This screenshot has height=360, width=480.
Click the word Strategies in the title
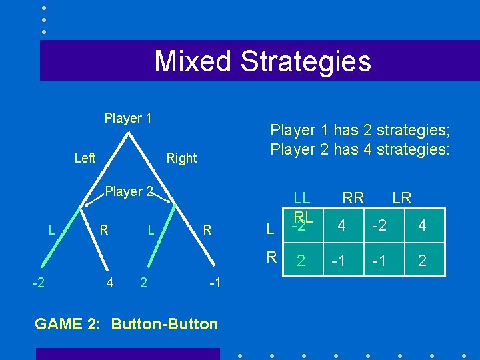pyautogui.click(x=305, y=61)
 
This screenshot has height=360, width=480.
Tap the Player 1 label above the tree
pyautogui.click(x=128, y=118)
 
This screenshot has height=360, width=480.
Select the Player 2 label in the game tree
pyautogui.click(x=129, y=191)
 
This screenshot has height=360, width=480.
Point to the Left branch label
pyautogui.click(x=85, y=158)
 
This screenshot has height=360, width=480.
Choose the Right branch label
pyautogui.click(x=181, y=158)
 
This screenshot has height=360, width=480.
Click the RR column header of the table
pyautogui.click(x=353, y=197)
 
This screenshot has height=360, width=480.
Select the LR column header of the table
pyautogui.click(x=401, y=197)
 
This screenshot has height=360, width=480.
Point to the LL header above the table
pyautogui.click(x=302, y=197)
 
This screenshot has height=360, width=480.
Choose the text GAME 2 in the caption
pyautogui.click(x=69, y=324)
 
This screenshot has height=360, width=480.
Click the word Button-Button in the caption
pyautogui.click(x=165, y=324)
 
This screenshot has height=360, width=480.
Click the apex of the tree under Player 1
pyautogui.click(x=129, y=133)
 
